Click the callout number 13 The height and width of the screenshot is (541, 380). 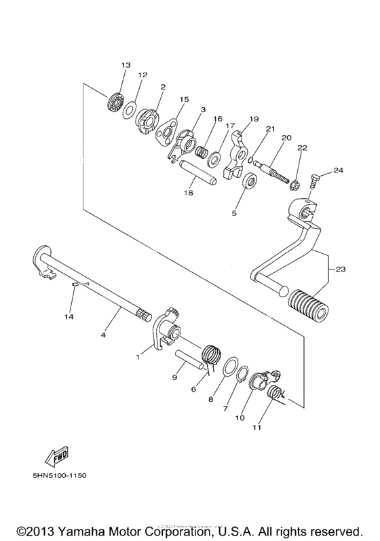click(x=126, y=65)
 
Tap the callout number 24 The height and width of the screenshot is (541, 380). click(x=338, y=170)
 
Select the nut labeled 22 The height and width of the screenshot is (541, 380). click(x=296, y=183)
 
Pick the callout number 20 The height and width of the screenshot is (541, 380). click(x=286, y=138)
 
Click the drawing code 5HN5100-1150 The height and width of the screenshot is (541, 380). click(x=62, y=475)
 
